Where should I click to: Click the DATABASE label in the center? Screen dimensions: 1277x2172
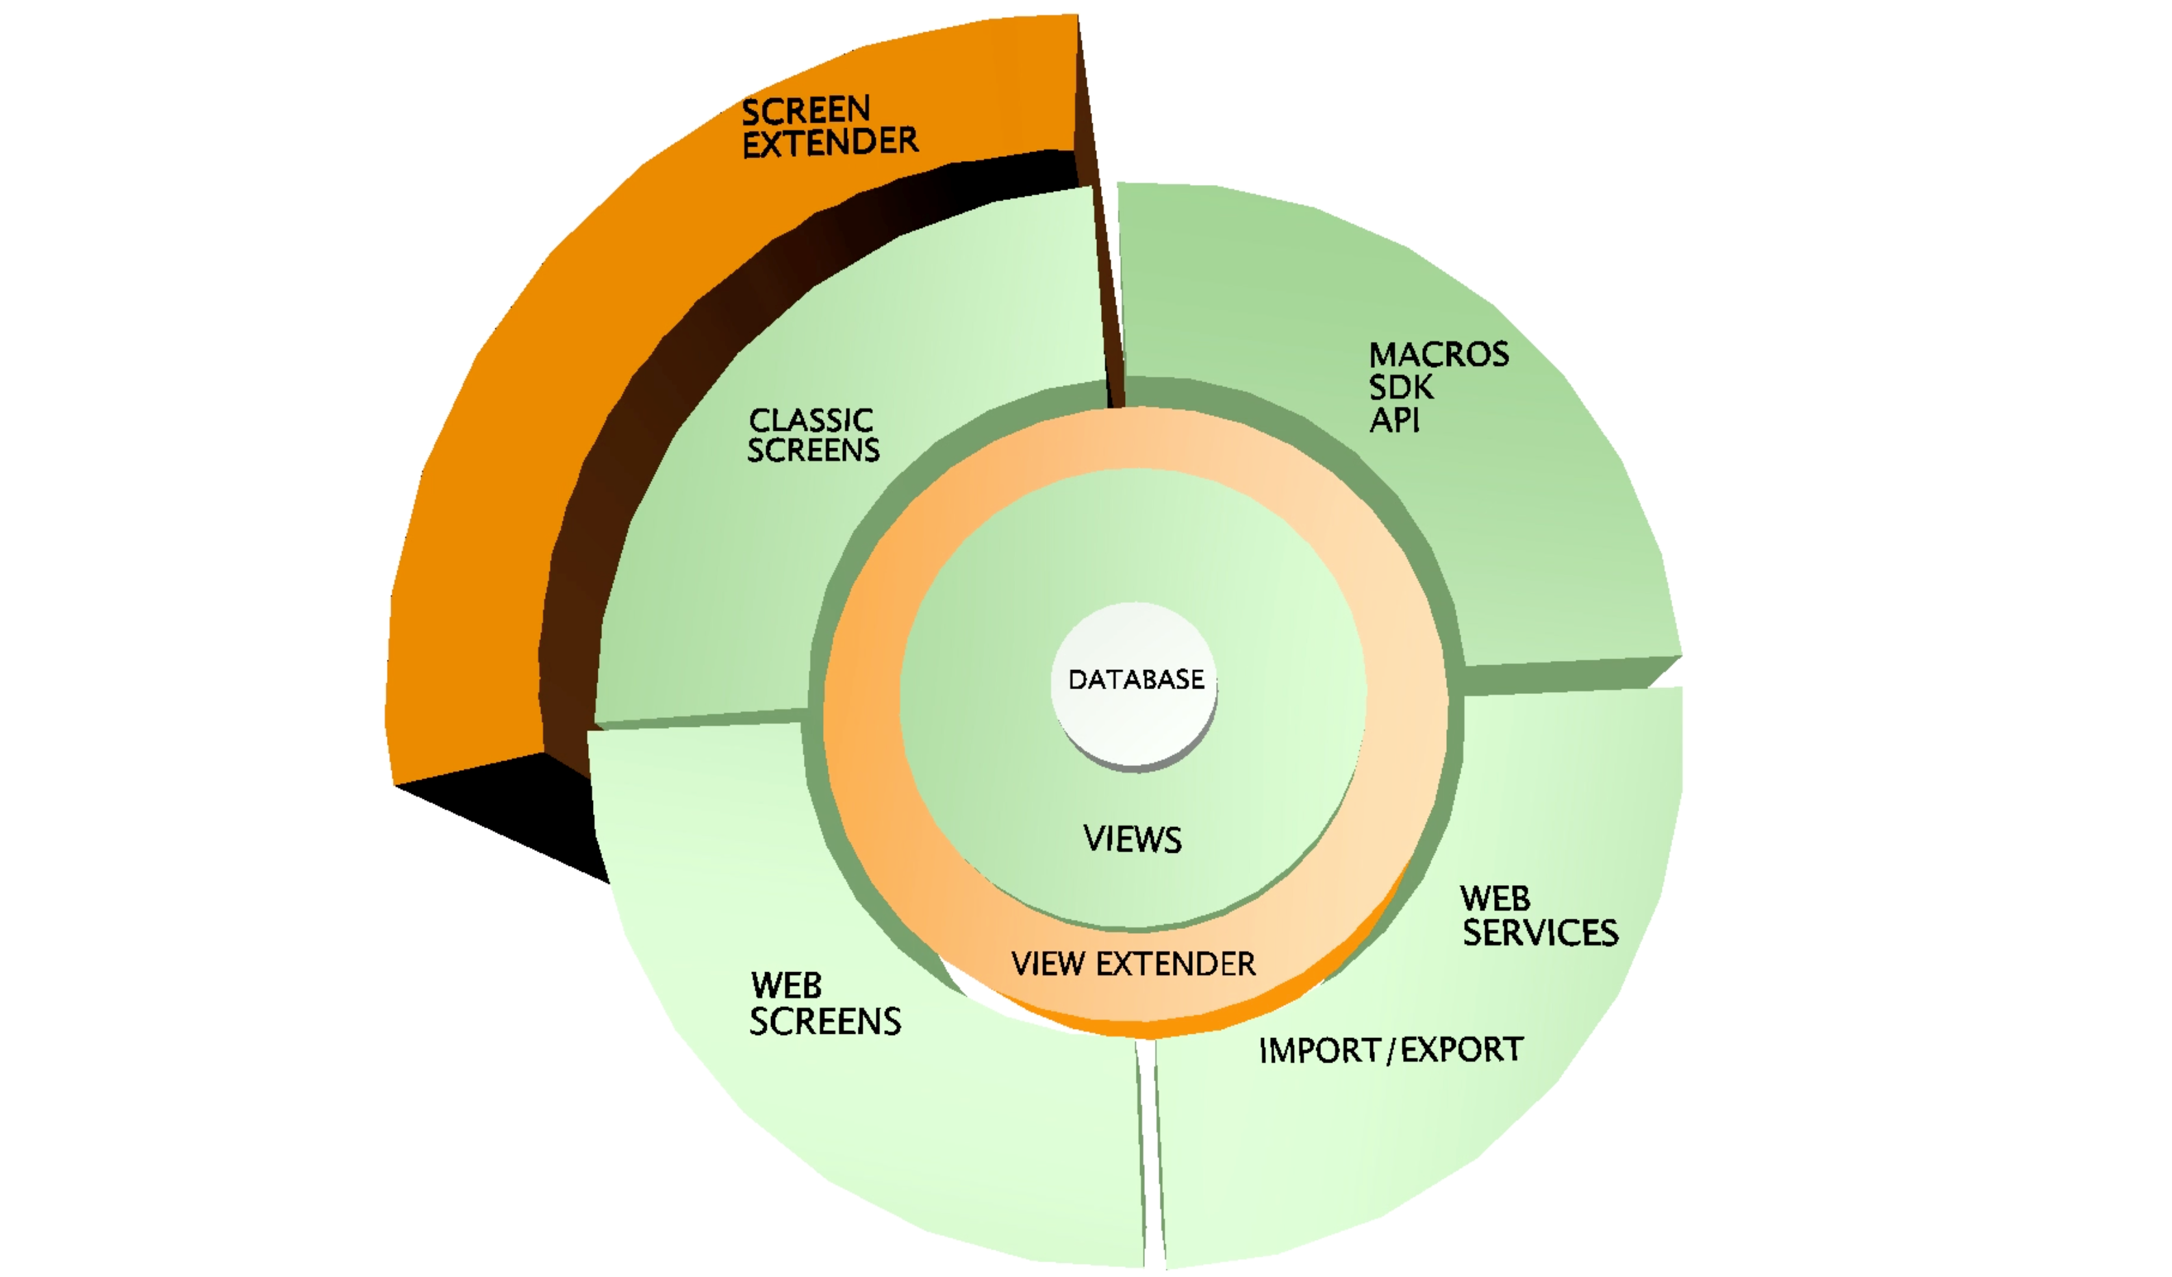point(1136,680)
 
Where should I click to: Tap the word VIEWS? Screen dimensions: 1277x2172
point(1133,839)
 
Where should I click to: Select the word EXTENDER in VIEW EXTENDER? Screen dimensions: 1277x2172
point(1176,964)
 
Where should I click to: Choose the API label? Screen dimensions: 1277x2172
point(1395,421)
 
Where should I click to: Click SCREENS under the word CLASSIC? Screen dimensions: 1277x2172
point(813,450)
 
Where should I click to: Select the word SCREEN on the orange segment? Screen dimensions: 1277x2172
point(806,110)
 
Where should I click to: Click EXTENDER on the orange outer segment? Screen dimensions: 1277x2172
point(830,143)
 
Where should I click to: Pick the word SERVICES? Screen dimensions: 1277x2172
point(1540,933)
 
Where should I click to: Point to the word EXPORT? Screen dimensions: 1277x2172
point(1462,1050)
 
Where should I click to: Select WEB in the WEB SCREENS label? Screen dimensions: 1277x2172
point(786,986)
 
